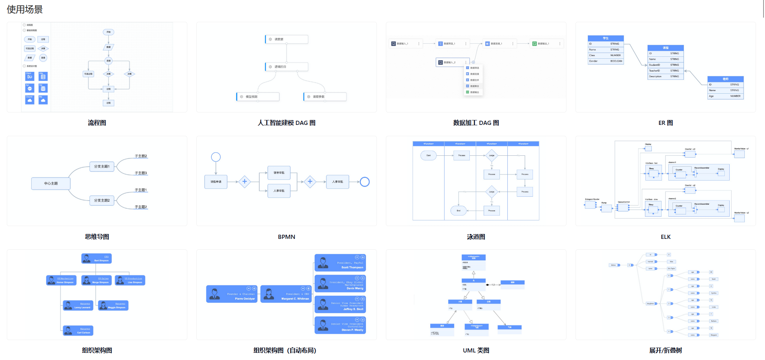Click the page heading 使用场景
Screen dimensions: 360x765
(x=25, y=9)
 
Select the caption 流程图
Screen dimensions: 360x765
(x=97, y=123)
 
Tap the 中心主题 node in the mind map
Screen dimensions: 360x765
(x=51, y=184)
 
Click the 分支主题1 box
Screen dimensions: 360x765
(x=102, y=166)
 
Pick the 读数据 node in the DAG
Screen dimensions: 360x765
(x=287, y=39)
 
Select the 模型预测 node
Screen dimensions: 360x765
(x=258, y=97)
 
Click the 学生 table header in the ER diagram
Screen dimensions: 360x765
(x=606, y=38)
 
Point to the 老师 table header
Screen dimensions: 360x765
(x=725, y=79)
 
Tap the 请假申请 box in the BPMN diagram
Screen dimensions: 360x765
(x=216, y=182)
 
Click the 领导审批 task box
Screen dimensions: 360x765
(x=279, y=173)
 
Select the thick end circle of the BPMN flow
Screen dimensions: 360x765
(x=364, y=182)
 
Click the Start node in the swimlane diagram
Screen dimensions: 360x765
(x=428, y=155)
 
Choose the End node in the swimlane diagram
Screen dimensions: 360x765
(x=458, y=211)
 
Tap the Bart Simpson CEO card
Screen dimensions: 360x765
(x=97, y=258)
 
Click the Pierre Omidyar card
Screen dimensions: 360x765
(x=232, y=294)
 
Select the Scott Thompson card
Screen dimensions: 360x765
(x=340, y=263)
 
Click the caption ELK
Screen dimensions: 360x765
(x=665, y=237)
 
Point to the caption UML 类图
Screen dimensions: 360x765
(x=476, y=351)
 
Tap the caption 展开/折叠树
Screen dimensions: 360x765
(x=665, y=351)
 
